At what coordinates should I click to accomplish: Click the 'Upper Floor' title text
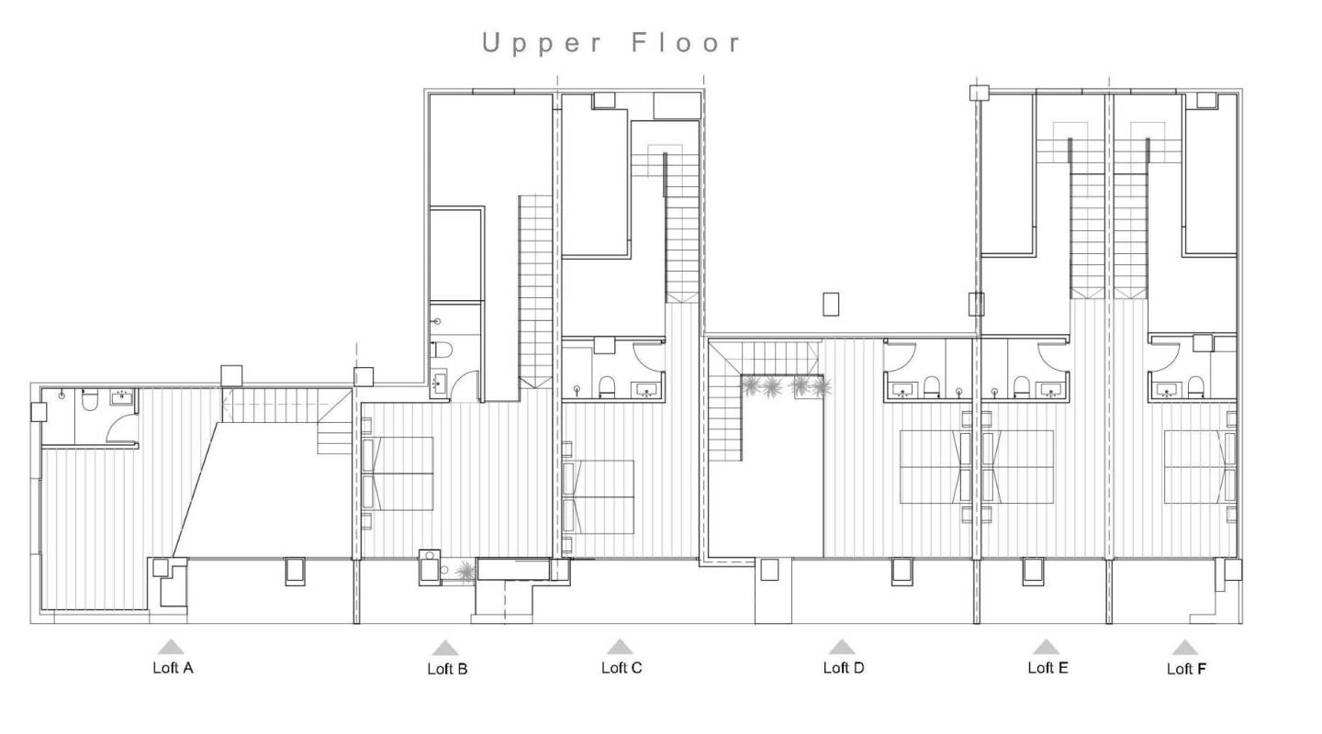[612, 43]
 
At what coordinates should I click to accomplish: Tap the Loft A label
[173, 668]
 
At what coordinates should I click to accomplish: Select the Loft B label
[447, 669]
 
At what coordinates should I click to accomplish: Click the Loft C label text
[622, 668]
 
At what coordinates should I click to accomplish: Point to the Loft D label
[844, 668]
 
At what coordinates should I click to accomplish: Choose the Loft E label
[1048, 668]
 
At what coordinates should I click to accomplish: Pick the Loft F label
[1186, 669]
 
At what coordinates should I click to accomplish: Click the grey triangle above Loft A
[172, 646]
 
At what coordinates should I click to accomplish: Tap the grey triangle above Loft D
[842, 646]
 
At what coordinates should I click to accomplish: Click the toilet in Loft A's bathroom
[90, 401]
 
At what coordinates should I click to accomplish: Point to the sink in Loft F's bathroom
[1167, 388]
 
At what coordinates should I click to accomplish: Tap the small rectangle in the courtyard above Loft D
[833, 304]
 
